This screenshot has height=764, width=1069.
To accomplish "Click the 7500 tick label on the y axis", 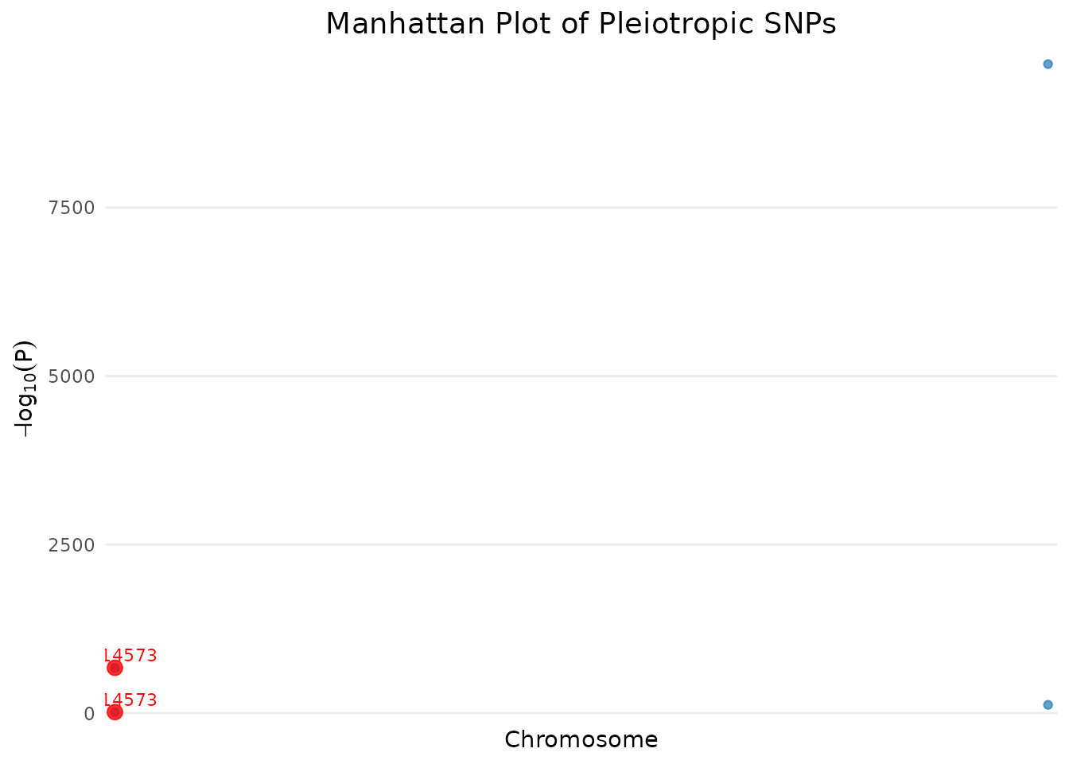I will coord(71,208).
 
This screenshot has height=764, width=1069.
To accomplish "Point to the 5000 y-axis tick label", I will coord(71,376).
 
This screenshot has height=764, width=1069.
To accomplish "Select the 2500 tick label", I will coord(71,545).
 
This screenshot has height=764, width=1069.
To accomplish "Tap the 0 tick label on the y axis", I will coord(89,714).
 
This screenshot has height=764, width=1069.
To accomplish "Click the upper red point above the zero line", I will coord(115,668).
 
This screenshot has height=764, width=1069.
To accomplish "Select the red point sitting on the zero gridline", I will coord(115,711).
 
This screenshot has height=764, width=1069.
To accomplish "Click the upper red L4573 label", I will coord(130,656).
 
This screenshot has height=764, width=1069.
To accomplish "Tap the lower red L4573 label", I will coord(130,700).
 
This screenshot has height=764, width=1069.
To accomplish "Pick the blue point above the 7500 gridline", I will coord(1048,64).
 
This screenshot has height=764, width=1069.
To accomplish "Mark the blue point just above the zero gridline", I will coord(1048,704).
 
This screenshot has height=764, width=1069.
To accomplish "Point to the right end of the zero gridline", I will coord(1055,713).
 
